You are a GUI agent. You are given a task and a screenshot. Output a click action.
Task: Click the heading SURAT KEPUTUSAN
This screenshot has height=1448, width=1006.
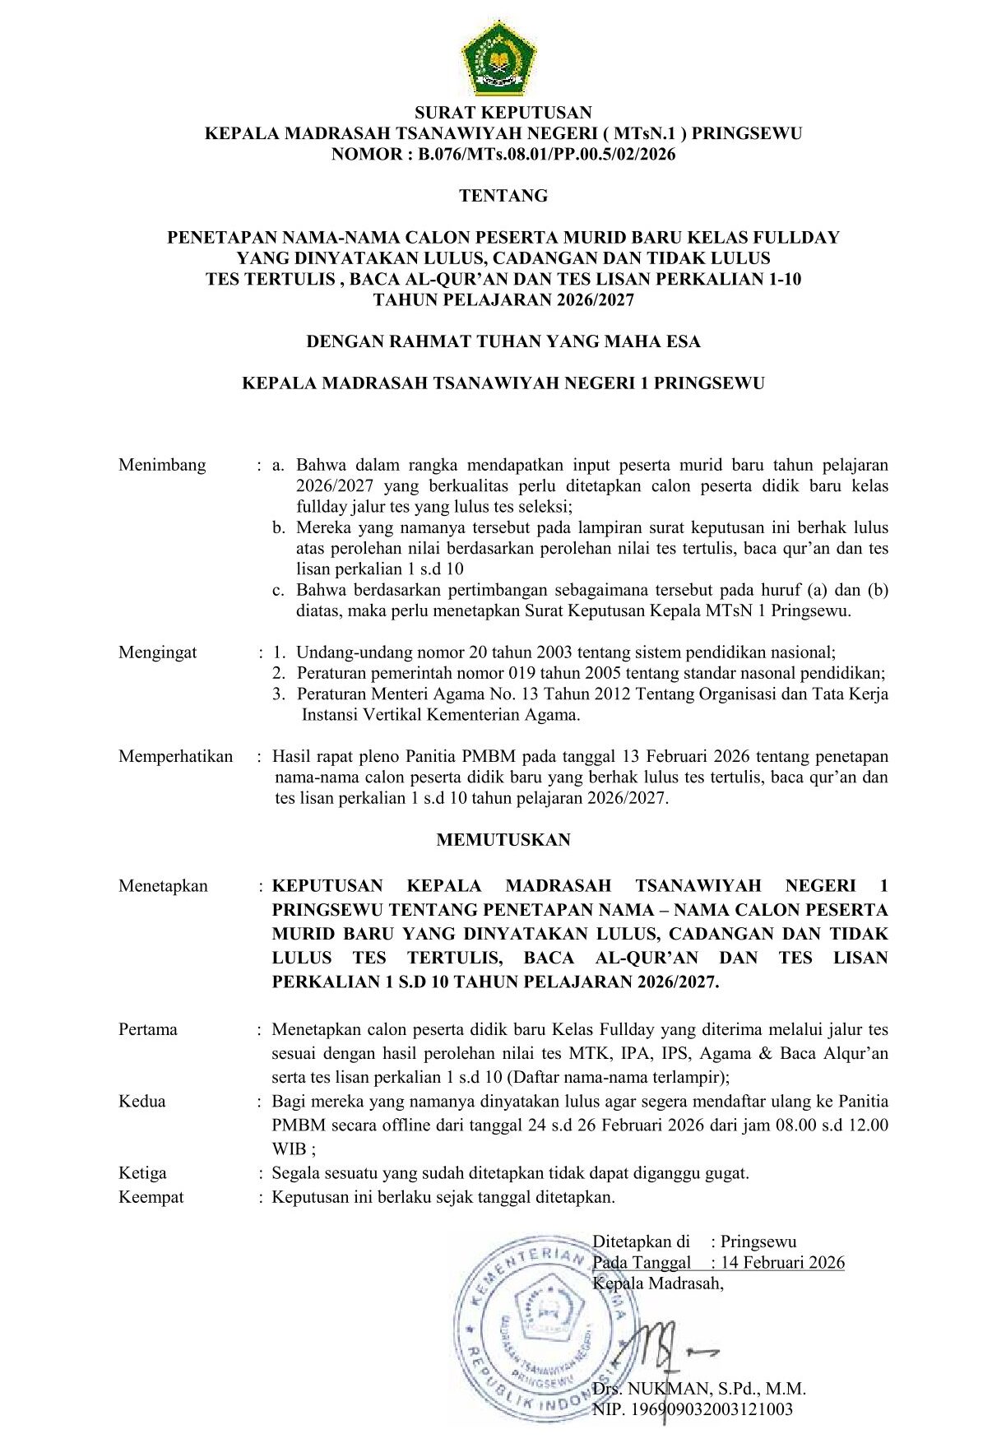(x=503, y=113)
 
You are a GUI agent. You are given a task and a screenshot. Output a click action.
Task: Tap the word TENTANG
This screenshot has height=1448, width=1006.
(x=503, y=196)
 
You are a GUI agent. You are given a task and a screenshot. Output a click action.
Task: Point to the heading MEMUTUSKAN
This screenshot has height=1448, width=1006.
(x=503, y=840)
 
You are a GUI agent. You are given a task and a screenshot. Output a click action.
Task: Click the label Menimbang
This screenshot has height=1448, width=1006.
(x=162, y=465)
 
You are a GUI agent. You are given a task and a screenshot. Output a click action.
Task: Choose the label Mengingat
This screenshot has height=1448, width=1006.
(x=157, y=652)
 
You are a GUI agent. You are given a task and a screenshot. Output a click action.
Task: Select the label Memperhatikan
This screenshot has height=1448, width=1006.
(x=175, y=756)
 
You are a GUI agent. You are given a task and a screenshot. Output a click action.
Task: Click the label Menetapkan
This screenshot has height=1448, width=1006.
(x=163, y=886)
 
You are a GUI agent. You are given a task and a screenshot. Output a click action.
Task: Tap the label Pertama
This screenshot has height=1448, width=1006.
(x=148, y=1029)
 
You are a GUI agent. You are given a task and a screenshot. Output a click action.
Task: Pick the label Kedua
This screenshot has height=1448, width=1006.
(x=142, y=1101)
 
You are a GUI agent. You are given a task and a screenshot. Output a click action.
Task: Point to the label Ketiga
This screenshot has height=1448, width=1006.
(x=142, y=1173)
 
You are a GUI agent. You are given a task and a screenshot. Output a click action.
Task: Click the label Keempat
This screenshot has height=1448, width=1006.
(x=151, y=1197)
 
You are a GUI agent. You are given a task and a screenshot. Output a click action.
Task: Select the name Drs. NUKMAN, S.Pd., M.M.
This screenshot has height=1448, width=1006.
(x=699, y=1389)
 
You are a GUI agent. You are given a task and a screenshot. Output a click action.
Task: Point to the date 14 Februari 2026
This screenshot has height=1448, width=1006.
(x=782, y=1263)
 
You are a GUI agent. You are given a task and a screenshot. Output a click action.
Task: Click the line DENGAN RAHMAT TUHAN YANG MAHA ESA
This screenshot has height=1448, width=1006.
(x=503, y=341)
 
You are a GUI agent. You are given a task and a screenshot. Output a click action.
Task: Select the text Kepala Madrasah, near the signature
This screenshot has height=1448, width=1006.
(x=658, y=1283)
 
